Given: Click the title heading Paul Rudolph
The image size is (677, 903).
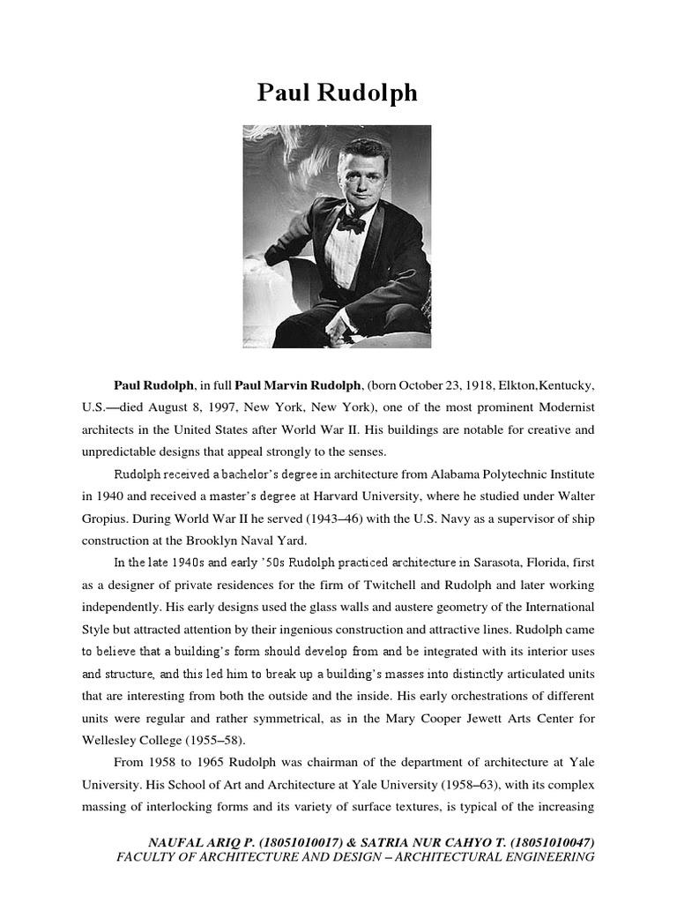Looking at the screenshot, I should pyautogui.click(x=338, y=93).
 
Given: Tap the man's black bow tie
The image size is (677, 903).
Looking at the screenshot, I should pyautogui.click(x=351, y=224).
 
